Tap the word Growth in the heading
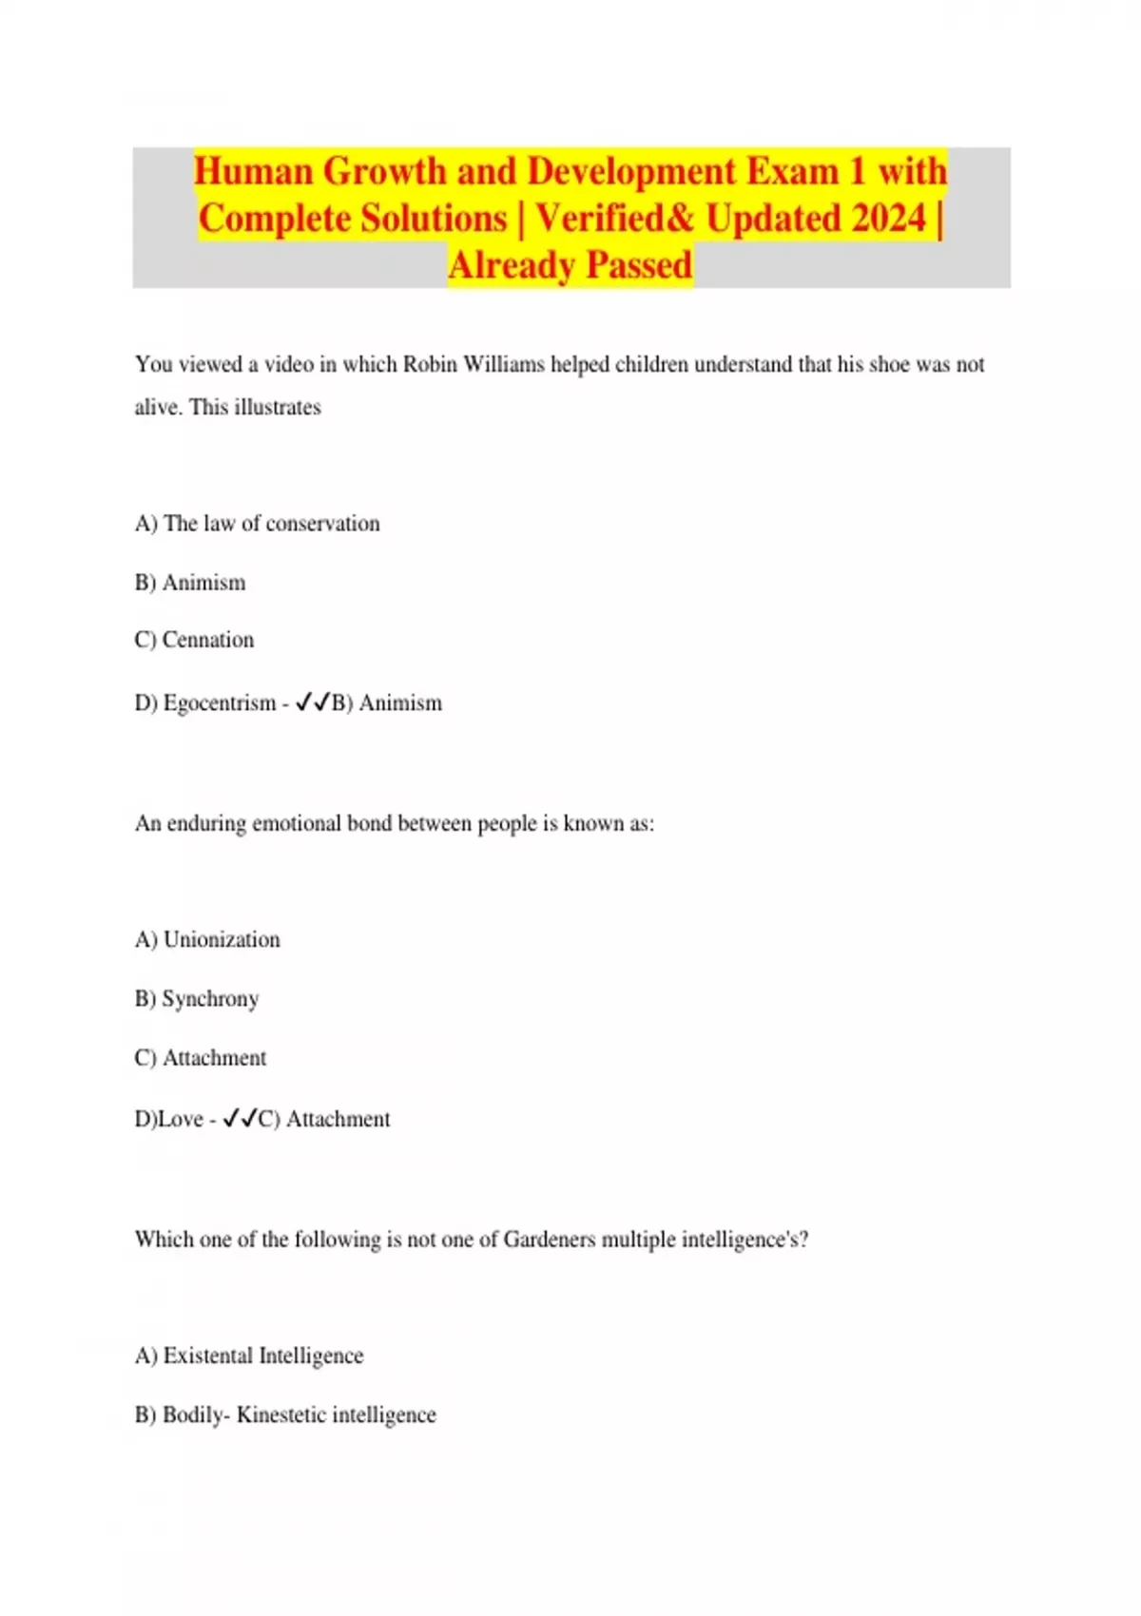385,172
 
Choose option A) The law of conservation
257,524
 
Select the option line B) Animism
190,583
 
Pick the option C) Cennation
194,640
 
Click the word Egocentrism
220,703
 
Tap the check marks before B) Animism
312,702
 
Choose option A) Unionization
207,940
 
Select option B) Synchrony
197,999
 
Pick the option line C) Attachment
201,1058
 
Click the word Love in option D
181,1120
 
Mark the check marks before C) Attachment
240,1119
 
